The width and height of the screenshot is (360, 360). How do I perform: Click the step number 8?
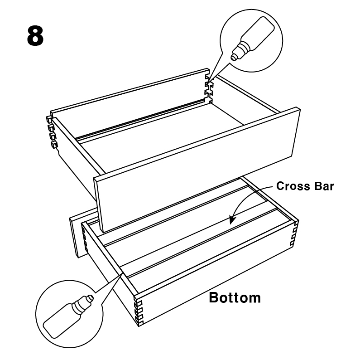point(35,36)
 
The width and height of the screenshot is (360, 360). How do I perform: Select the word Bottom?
point(235,298)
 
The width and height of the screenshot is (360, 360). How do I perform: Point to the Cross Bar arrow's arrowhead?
point(232,219)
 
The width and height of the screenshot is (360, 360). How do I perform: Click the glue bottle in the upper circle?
point(252,39)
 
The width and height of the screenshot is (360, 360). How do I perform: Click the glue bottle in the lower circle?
point(68,316)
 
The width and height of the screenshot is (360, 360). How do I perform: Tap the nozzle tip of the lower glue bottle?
point(90,298)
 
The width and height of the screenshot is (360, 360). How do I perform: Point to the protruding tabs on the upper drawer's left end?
point(52,132)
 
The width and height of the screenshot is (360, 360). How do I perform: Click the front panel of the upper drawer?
point(197,169)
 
